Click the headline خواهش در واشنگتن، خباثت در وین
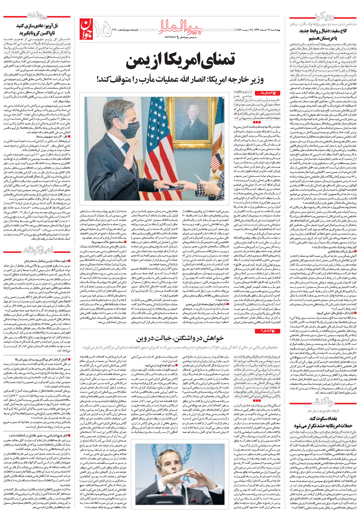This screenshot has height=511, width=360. (179, 339)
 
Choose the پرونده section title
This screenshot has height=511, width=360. (37, 15)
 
